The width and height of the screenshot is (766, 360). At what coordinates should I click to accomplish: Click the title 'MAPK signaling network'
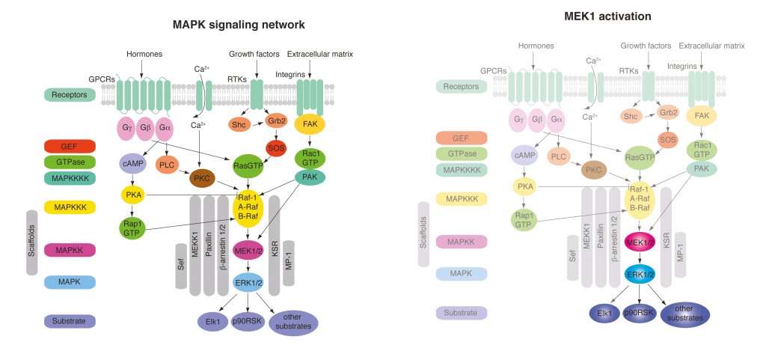click(239, 25)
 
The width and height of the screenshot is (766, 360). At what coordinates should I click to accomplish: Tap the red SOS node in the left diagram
click(277, 148)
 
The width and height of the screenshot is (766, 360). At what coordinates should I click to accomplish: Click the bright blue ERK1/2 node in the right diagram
click(640, 275)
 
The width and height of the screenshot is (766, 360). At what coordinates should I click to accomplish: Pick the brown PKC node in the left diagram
click(200, 179)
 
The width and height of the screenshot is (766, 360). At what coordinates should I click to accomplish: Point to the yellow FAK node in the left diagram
click(308, 123)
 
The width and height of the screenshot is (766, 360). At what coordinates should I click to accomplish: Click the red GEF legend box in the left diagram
click(70, 146)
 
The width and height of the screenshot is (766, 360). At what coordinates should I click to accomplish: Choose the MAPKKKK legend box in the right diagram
click(462, 170)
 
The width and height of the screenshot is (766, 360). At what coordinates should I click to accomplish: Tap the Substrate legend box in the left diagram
click(70, 321)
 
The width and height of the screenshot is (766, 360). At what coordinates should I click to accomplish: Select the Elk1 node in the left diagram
click(212, 322)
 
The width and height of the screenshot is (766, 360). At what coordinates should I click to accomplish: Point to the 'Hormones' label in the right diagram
click(536, 46)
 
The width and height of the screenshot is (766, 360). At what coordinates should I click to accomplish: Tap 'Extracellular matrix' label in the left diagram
click(320, 54)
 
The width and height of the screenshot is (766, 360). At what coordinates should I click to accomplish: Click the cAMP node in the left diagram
click(132, 162)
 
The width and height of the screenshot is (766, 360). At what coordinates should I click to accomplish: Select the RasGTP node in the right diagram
click(640, 157)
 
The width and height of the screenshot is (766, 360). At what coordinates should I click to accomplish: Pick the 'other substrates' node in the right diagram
click(684, 314)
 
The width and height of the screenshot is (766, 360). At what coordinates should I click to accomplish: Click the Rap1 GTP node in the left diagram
click(132, 227)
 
